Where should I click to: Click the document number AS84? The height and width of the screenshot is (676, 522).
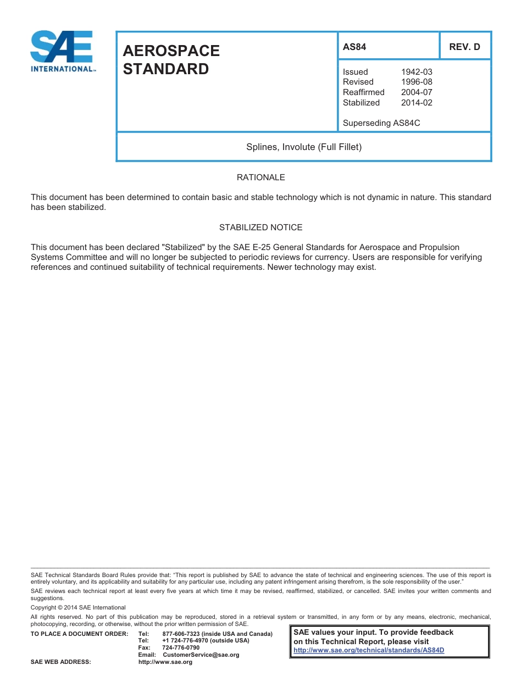pos(354,47)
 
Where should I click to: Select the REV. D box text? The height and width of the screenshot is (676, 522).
pos(464,47)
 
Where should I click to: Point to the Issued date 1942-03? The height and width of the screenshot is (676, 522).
pos(417,72)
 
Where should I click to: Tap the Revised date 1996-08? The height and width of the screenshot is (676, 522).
pos(417,82)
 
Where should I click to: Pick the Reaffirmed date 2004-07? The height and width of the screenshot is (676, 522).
pos(417,92)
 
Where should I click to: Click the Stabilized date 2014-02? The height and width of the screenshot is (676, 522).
pos(417,103)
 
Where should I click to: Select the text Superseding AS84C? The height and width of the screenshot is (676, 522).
pos(381,123)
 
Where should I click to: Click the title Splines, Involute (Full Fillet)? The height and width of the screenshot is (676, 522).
pos(304,147)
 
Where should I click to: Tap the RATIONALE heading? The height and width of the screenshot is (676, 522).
pos(260,178)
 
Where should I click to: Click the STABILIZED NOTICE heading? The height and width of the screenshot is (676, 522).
pos(260,227)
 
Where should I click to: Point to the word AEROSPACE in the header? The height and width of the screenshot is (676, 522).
pos(171,51)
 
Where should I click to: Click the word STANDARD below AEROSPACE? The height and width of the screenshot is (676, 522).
pos(165,69)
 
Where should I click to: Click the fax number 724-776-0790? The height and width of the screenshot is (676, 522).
pos(181,648)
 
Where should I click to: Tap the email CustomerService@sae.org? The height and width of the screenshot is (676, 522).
pos(201,655)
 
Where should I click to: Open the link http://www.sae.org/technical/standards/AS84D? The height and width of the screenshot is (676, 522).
pos(369,650)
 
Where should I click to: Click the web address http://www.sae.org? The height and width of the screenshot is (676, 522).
pos(165,662)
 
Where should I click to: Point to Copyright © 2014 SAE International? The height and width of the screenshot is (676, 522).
pos(78,607)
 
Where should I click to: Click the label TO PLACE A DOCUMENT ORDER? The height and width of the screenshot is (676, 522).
pos(79,634)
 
